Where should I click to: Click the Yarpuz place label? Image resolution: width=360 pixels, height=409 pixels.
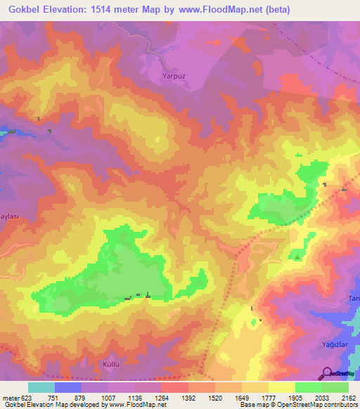pyautogui.click(x=165, y=72)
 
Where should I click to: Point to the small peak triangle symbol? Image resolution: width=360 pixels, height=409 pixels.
pyautogui.click(x=297, y=257)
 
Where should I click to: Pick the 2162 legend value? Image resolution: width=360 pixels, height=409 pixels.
pyautogui.click(x=340, y=397)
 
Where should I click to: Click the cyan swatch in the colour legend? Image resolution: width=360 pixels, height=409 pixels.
pyautogui.click(x=41, y=387)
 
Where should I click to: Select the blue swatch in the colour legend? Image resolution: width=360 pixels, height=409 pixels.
pyautogui.click(x=68, y=387)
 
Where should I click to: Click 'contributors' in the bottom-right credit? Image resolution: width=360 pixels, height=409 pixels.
pyautogui.click(x=340, y=405)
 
